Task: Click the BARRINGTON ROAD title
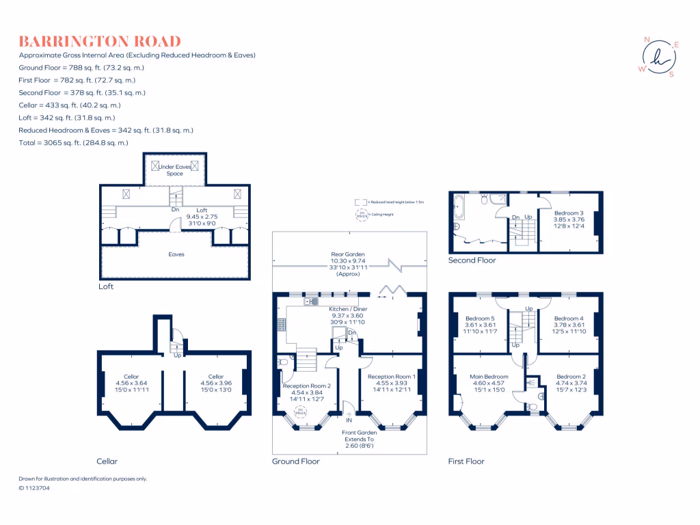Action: [100, 41]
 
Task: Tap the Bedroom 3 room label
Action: [569, 213]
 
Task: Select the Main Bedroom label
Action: [489, 377]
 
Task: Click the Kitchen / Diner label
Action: [349, 310]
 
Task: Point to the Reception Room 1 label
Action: [390, 377]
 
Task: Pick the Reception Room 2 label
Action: [307, 386]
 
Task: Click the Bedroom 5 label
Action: [479, 319]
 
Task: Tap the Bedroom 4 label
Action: [569, 319]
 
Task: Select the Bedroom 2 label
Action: [571, 377]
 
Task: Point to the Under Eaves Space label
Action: [175, 170]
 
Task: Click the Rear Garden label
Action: [349, 254]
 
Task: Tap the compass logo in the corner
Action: [658, 57]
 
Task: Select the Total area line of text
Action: [74, 143]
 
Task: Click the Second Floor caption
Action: [472, 260]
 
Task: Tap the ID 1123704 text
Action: [34, 488]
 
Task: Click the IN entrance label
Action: [349, 420]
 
